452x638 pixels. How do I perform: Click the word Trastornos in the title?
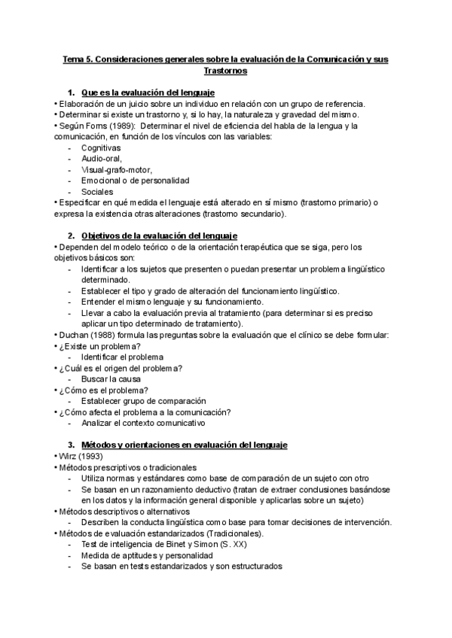tap(225, 71)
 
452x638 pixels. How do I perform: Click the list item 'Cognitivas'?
tap(101, 147)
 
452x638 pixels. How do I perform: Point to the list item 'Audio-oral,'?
tap(102, 159)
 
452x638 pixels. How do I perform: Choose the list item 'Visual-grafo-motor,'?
tap(117, 169)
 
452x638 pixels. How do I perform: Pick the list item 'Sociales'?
tap(97, 191)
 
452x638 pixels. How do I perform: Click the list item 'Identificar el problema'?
tap(122, 357)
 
